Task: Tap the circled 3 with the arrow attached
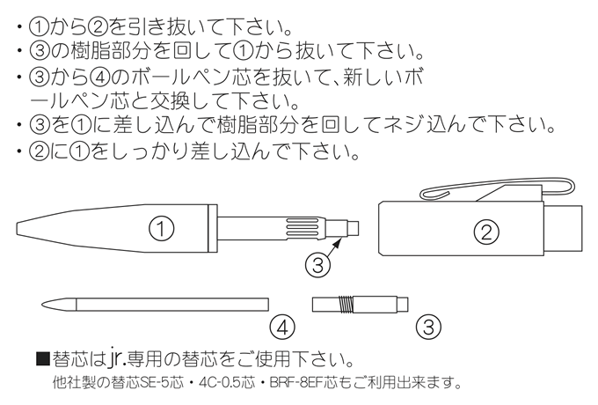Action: coord(318,261)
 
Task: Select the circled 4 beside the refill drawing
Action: coord(280,328)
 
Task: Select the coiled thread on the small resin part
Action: coord(351,304)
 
